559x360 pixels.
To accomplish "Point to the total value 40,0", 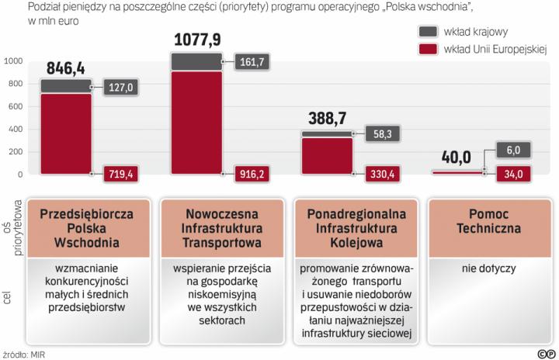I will pyautogui.click(x=457, y=157).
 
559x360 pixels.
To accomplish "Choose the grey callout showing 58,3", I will pyautogui.click(x=381, y=134).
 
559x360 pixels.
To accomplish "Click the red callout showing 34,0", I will pyautogui.click(x=512, y=175).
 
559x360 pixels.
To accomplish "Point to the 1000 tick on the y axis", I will pyautogui.click(x=13, y=61).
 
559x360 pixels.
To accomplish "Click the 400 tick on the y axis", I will pyautogui.click(x=15, y=129).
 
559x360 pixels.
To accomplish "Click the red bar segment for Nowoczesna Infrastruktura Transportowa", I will pyautogui.click(x=197, y=124).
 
